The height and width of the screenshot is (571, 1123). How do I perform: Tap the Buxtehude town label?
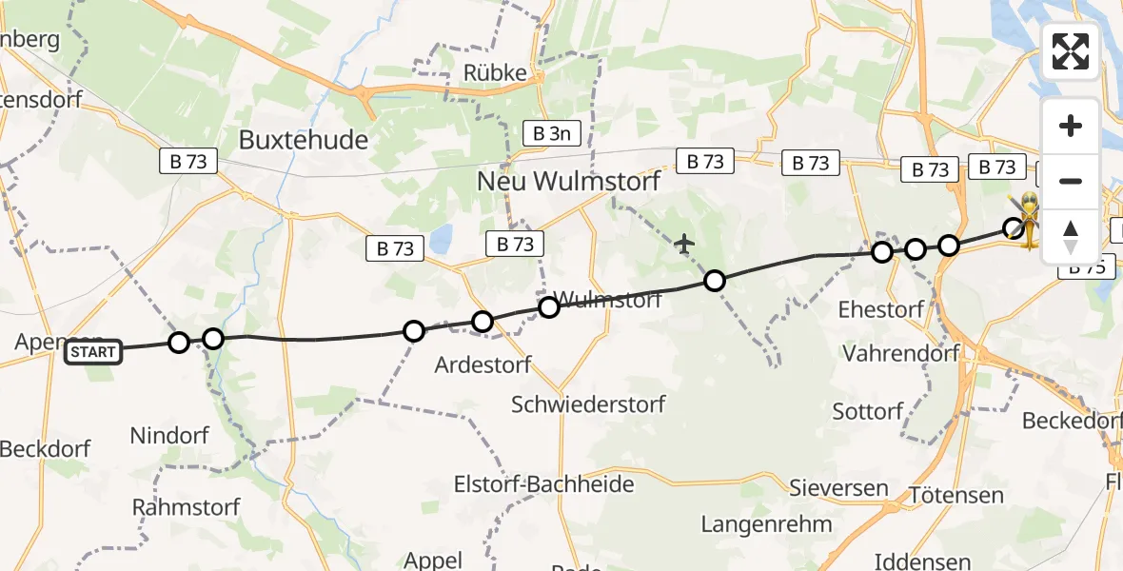pyautogui.click(x=304, y=140)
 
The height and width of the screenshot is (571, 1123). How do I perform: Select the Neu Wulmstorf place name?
pyautogui.click(x=567, y=181)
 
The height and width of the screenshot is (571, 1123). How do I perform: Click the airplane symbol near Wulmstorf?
pyautogui.click(x=684, y=245)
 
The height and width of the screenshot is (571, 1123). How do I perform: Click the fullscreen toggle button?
pyautogui.click(x=1071, y=51)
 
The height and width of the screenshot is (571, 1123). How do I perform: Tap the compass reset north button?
pyautogui.click(x=1071, y=236)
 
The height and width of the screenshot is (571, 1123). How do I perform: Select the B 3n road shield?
pyautogui.click(x=551, y=133)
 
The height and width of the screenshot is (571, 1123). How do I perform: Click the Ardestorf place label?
pyautogui.click(x=483, y=364)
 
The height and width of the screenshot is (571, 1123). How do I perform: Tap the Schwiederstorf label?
pyautogui.click(x=588, y=404)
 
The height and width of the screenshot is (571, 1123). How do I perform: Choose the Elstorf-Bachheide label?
pyautogui.click(x=558, y=484)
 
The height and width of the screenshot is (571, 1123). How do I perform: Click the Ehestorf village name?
pyautogui.click(x=881, y=309)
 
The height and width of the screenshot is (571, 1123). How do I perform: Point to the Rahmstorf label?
pyautogui.click(x=187, y=506)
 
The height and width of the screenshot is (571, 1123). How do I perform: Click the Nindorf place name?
pyautogui.click(x=169, y=436)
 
